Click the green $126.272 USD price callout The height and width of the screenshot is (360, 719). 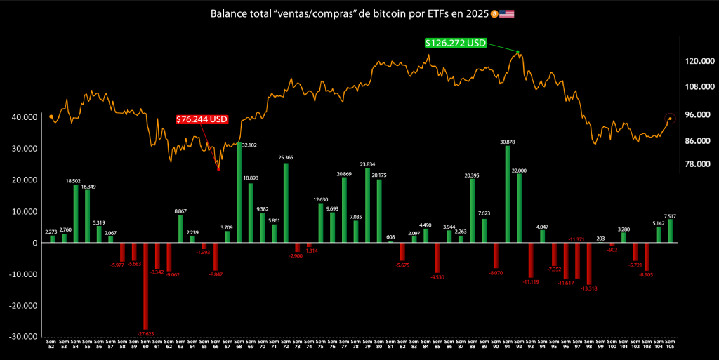pos(455,43)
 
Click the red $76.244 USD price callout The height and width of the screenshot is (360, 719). pos(202,119)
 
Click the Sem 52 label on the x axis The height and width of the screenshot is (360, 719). pos(52,345)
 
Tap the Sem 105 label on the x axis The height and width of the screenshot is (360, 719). pos(670,345)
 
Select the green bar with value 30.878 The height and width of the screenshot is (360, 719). pos(507,194)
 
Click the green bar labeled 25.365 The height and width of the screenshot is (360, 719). pos(286,203)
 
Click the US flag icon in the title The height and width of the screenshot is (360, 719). pos(506,14)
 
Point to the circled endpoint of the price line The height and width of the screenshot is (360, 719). pos(670,119)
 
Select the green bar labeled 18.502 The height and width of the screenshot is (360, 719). pos(76,213)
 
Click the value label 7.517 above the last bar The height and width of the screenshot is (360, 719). pos(670,216)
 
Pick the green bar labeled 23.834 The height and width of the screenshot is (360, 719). pos(367,205)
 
